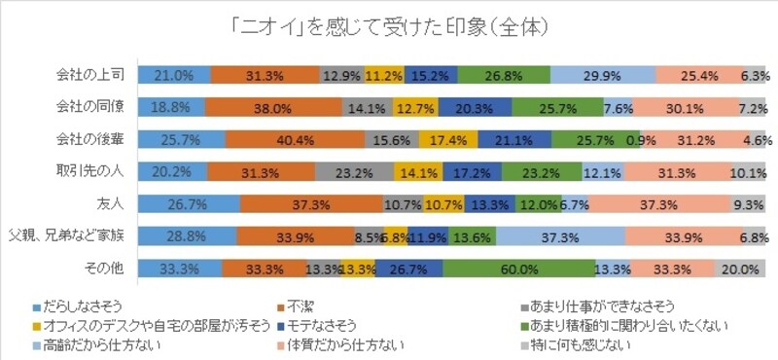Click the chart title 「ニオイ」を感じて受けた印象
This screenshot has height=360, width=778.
(389, 20)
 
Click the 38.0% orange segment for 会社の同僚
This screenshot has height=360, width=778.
(273, 107)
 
